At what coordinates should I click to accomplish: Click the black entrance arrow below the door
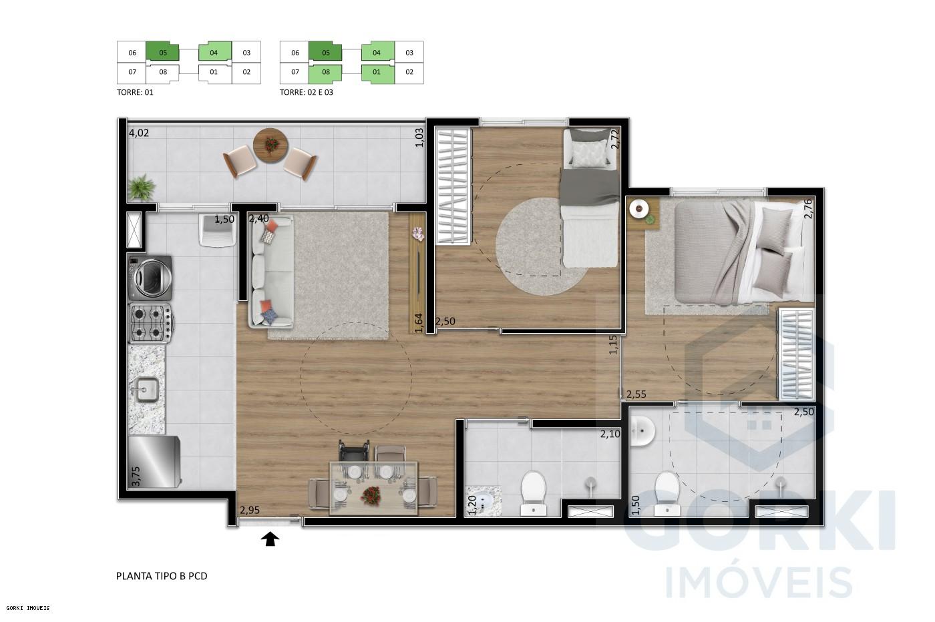tap(270, 539)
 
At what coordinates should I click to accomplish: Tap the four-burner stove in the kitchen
tap(150, 323)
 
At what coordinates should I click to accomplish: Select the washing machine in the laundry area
tap(150, 277)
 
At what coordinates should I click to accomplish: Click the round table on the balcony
tap(270, 144)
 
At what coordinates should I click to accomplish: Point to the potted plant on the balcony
tap(141, 188)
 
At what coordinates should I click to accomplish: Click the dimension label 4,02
tap(139, 133)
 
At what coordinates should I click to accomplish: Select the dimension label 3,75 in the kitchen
tap(136, 478)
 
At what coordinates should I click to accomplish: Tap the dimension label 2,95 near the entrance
tap(249, 510)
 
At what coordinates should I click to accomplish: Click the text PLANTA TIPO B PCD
tap(162, 575)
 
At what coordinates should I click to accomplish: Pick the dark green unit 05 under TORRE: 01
tap(164, 52)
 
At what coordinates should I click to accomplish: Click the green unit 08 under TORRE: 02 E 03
tap(325, 72)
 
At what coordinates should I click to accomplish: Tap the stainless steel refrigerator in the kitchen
tap(154, 461)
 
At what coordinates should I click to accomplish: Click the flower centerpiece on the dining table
tap(370, 495)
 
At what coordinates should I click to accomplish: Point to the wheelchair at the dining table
tap(353, 454)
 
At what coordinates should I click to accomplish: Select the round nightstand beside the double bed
tap(640, 209)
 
